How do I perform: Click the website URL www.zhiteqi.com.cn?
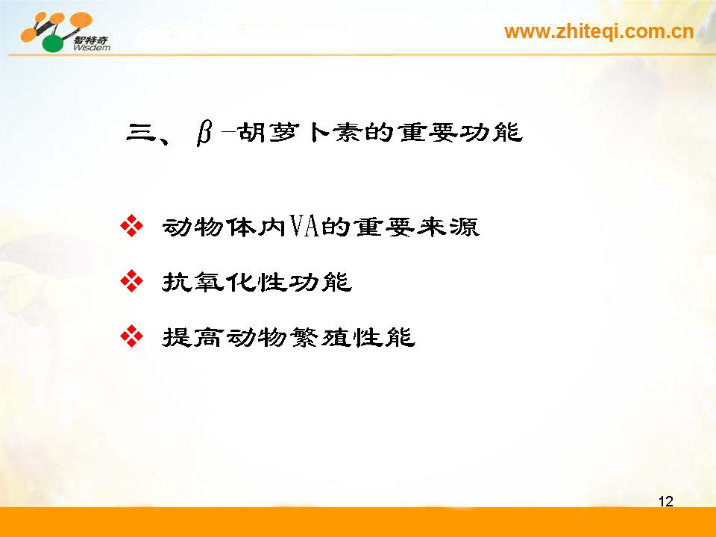click(599, 32)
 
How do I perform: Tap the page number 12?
click(666, 501)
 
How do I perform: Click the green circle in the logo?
click(54, 43)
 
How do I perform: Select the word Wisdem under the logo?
click(91, 48)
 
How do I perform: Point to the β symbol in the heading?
click(204, 134)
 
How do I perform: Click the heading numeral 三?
click(140, 133)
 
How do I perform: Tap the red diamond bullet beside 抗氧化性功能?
click(131, 281)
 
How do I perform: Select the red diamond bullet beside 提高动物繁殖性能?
click(131, 336)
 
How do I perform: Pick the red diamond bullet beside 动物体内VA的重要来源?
click(131, 225)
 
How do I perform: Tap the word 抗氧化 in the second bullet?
click(209, 282)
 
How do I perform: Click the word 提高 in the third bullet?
click(193, 337)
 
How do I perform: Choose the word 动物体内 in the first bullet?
click(224, 227)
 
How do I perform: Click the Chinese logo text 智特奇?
click(91, 40)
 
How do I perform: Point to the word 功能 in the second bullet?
click(321, 282)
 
